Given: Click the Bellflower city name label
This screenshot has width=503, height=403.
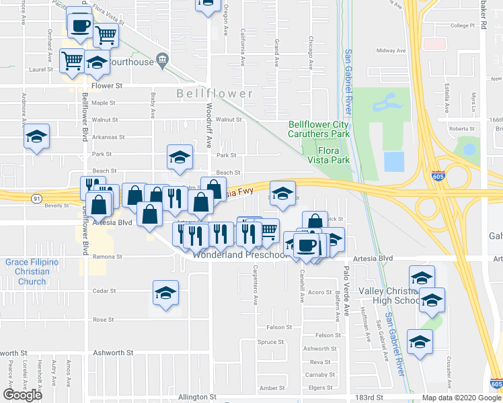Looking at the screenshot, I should pos(215,93).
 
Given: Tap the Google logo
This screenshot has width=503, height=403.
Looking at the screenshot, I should pos(23,394).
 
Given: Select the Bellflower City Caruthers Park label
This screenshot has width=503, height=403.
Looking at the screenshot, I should pos(319,129).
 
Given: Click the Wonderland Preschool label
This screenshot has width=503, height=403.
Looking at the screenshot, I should pos(239,255).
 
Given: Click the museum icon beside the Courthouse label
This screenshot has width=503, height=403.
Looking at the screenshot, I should pos(162,61).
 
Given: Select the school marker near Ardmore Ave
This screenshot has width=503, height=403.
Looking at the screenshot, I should pos(36,138).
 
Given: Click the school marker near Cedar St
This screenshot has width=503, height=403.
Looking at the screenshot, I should pos(165,293).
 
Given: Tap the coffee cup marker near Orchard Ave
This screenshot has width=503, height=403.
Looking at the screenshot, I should pos(80,26).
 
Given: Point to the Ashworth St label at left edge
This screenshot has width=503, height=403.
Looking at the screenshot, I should pos(13,352).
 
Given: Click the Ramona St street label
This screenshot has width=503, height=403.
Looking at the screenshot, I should pos(108,257).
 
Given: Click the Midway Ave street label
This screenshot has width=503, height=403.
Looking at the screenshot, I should pos(391,50).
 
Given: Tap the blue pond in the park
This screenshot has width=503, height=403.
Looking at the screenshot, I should pos(393,161).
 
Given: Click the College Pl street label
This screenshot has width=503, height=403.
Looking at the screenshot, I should pos(463,26).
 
